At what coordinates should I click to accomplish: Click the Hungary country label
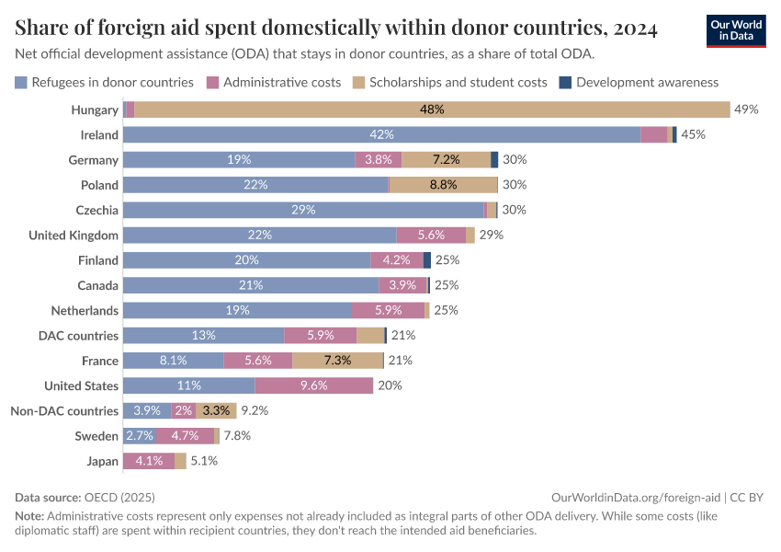[95, 109]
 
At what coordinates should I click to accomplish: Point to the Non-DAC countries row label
[63, 410]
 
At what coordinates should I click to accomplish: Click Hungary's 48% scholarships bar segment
[432, 109]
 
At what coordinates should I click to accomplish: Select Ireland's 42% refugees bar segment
[381, 134]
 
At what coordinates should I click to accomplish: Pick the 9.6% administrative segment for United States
[313, 385]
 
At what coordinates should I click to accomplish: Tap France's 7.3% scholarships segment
[337, 361]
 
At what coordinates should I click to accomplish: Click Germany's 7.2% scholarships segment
[446, 159]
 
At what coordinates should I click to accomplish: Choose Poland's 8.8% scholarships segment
[443, 185]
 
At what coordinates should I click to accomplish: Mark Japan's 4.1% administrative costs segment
[149, 461]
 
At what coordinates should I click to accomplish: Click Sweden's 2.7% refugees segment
[139, 436]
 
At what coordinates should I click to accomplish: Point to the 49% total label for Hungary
[746, 109]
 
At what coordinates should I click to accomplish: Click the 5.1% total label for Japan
[204, 461]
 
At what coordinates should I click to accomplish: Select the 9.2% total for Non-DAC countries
[255, 410]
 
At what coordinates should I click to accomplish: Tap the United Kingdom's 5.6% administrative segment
[431, 235]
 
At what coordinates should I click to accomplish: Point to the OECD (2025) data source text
[119, 497]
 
